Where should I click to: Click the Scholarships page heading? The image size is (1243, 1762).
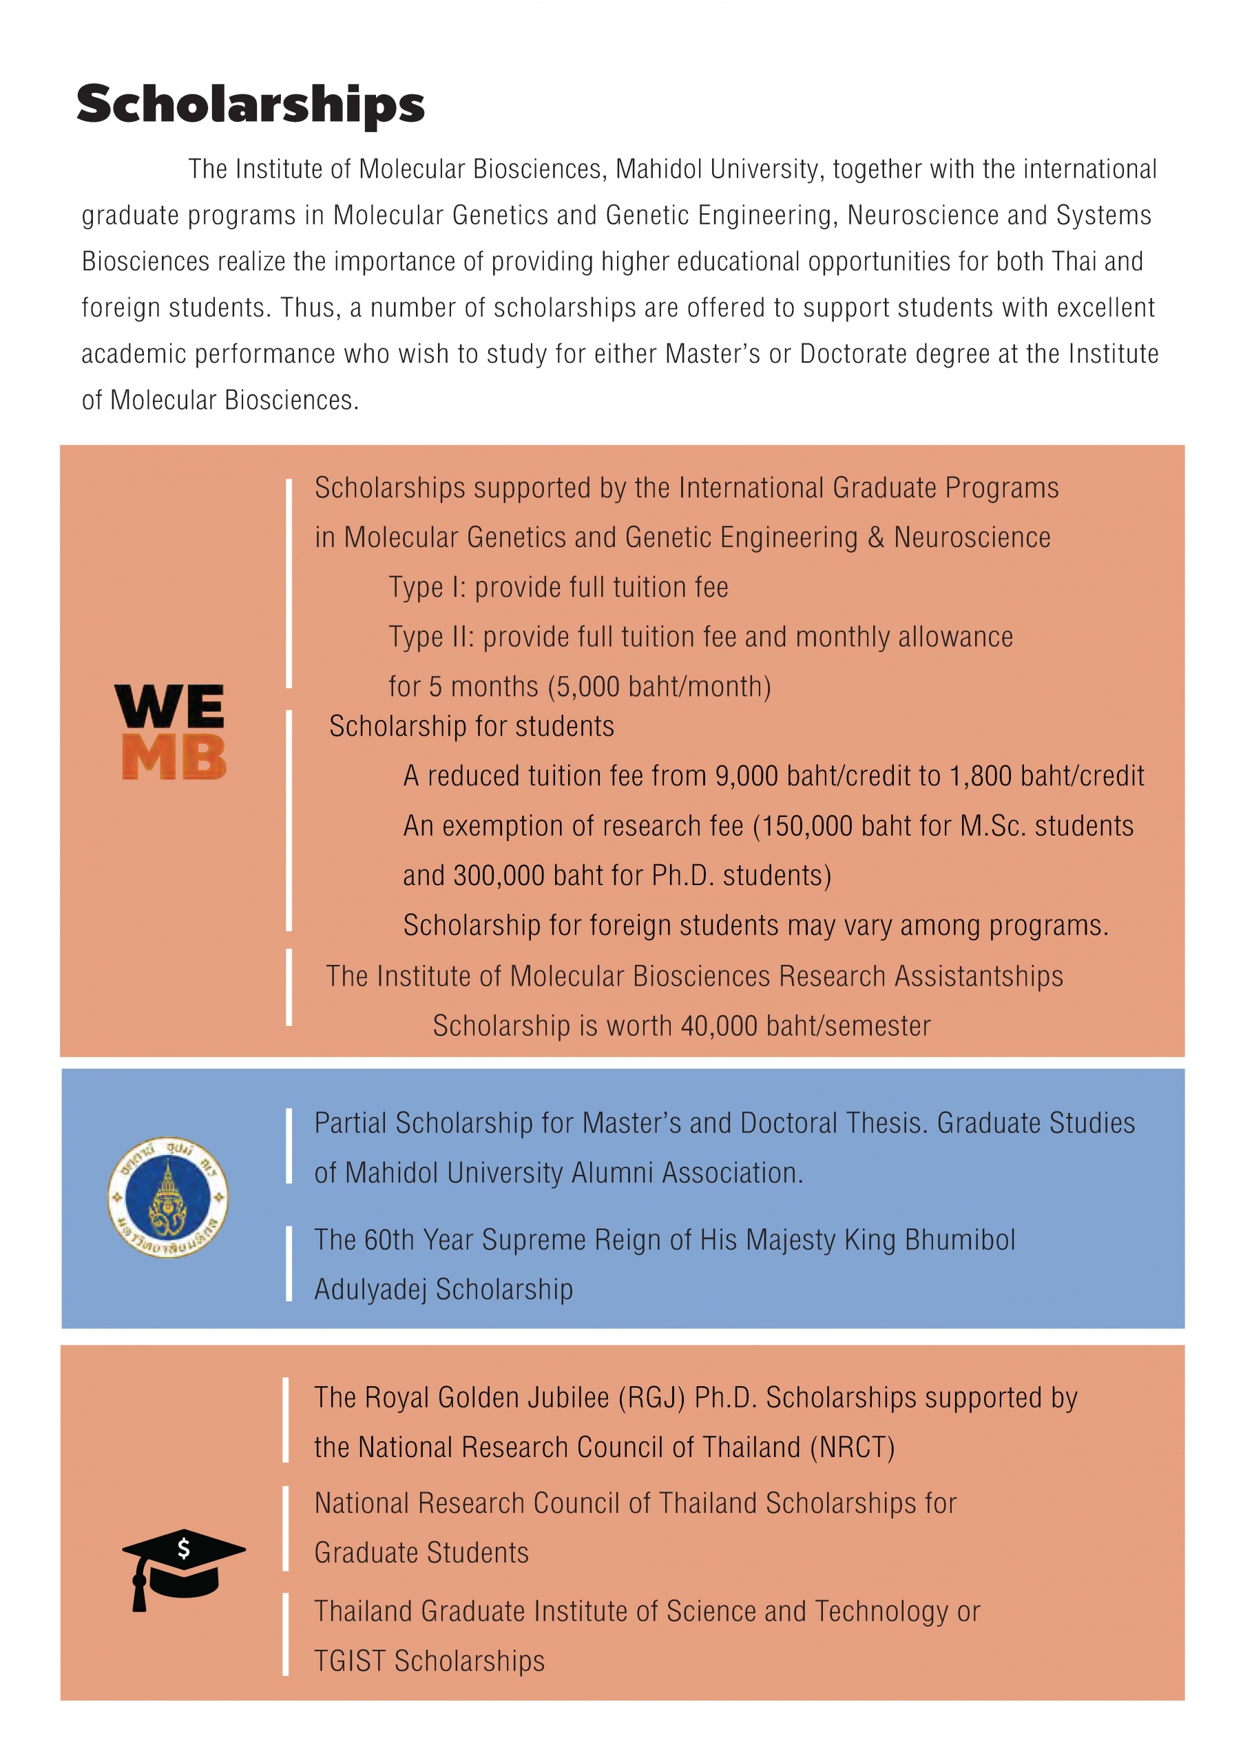click(250, 105)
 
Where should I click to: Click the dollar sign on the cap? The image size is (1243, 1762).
click(183, 1549)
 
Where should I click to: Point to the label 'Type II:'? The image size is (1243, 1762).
click(432, 637)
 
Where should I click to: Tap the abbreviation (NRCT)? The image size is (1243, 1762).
click(853, 1448)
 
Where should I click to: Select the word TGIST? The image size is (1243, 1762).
click(350, 1662)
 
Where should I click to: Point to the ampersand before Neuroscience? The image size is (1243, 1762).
click(875, 537)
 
